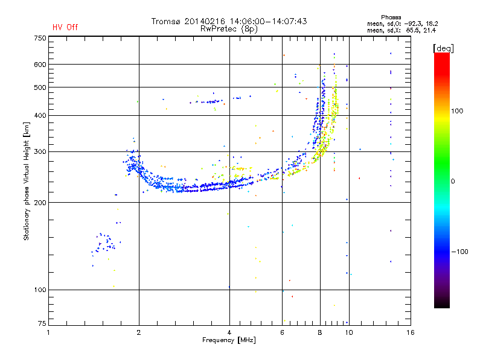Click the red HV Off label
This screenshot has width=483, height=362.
[x=65, y=27]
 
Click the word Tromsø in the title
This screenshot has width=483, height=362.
[x=165, y=21]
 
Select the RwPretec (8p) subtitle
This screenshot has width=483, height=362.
[x=229, y=29]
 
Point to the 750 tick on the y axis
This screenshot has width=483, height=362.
[x=40, y=38]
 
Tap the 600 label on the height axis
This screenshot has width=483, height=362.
[x=40, y=65]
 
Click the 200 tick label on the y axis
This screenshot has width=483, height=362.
[x=40, y=203]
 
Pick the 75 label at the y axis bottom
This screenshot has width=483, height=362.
[x=42, y=323]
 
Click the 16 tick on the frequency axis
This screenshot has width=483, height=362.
[x=410, y=332]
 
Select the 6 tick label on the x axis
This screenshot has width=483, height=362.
[x=282, y=332]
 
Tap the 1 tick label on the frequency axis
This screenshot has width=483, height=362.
[x=48, y=332]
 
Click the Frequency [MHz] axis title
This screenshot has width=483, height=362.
[x=229, y=340]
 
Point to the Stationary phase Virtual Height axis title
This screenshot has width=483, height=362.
[x=26, y=182]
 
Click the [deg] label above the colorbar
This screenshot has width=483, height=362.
[x=444, y=48]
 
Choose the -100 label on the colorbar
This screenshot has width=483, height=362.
[x=459, y=252]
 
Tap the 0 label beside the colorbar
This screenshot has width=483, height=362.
[x=453, y=182]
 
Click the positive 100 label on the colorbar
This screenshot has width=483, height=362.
[x=457, y=111]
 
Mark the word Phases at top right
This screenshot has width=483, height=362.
[x=391, y=17]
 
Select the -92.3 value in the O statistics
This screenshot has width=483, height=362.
[x=413, y=24]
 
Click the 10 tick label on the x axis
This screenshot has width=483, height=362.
[x=349, y=332]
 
